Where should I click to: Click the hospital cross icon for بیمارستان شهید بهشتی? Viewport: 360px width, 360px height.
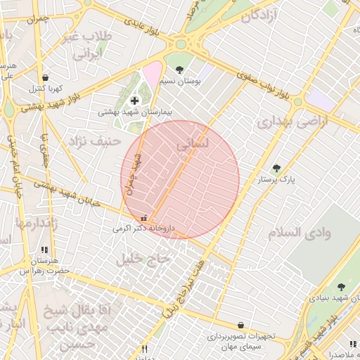click(134, 101)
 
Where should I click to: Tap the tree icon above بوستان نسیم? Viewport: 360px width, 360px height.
click(180, 70)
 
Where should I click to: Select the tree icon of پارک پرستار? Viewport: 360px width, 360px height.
click(276, 169)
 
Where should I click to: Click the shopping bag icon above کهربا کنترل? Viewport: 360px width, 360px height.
click(46, 78)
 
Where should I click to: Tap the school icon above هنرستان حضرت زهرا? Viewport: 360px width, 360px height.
click(44, 250)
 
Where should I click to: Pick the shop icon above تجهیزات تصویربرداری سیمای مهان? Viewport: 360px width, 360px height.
click(242, 326)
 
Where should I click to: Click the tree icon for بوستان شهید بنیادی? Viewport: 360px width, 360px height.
click(341, 287)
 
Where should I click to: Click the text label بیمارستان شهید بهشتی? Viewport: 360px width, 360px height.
click(134, 112)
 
